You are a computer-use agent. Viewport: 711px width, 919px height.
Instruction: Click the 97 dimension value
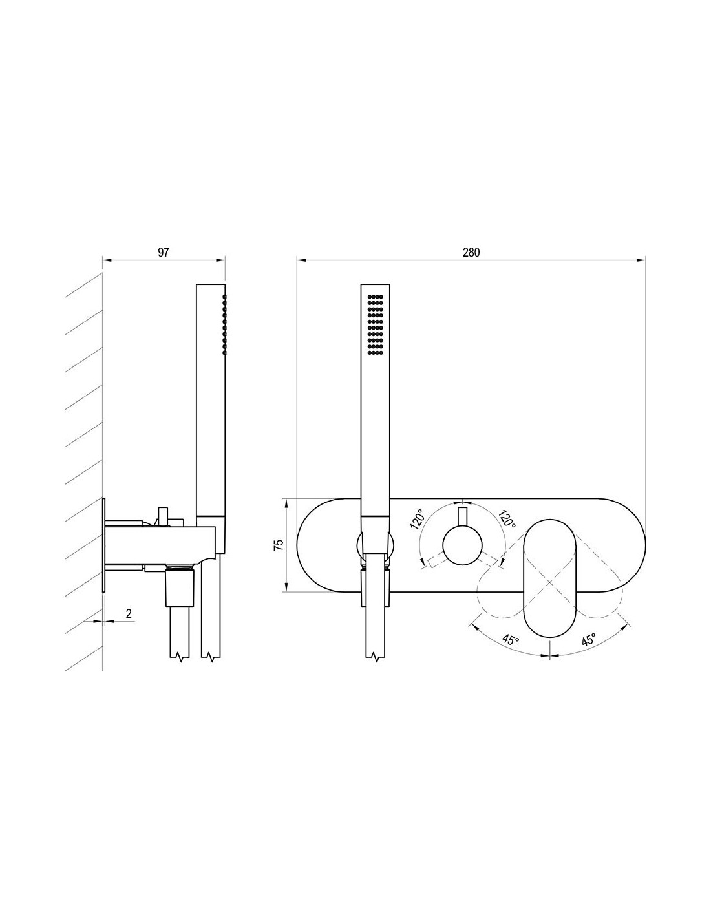pos(164,253)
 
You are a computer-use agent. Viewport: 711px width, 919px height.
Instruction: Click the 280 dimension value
pos(471,253)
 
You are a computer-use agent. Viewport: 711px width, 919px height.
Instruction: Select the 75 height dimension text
pos(279,545)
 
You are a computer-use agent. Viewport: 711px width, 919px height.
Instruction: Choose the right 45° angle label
pos(588,639)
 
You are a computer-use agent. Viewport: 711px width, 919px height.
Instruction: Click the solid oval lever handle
pos(549,578)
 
